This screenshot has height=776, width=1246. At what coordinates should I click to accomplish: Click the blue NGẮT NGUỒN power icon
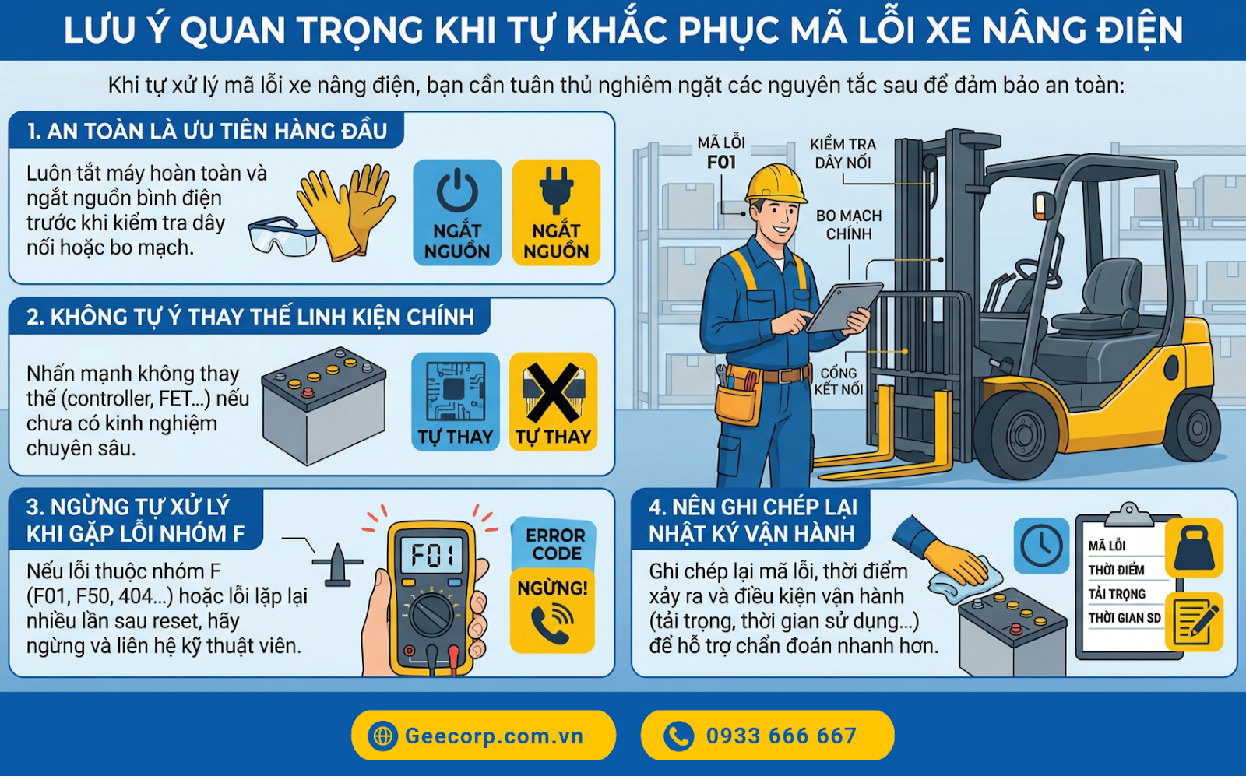[457, 212]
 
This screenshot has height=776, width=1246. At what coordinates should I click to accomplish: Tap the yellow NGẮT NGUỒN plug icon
[556, 212]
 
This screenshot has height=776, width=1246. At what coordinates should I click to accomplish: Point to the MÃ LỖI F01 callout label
[721, 153]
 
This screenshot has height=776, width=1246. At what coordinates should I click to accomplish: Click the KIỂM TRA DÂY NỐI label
[843, 153]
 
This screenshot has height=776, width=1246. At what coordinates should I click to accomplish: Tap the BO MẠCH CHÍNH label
[849, 225]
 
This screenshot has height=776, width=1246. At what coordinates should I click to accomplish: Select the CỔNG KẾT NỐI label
[839, 381]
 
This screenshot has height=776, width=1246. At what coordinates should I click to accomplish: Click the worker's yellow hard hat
[775, 184]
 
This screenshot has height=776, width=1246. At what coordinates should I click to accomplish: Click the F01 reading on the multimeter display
[433, 556]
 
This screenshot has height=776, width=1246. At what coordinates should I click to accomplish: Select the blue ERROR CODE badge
[554, 544]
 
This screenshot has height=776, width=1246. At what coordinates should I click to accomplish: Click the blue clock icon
[1041, 546]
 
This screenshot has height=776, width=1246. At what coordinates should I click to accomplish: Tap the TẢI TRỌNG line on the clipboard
[1117, 594]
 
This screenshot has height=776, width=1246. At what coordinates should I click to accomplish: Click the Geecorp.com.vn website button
[483, 736]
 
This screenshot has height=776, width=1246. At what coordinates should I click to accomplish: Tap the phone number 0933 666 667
[767, 736]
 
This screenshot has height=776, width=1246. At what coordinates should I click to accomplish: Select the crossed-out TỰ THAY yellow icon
[553, 402]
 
